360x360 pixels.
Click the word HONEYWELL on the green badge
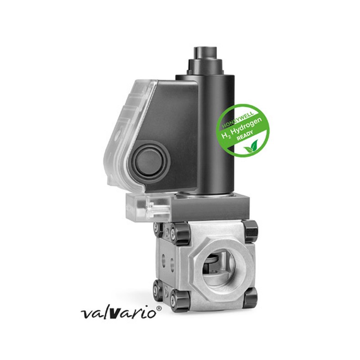238,119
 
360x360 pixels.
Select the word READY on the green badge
245,136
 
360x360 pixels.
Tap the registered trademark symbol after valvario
159,308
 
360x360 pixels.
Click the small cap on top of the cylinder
205,53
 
